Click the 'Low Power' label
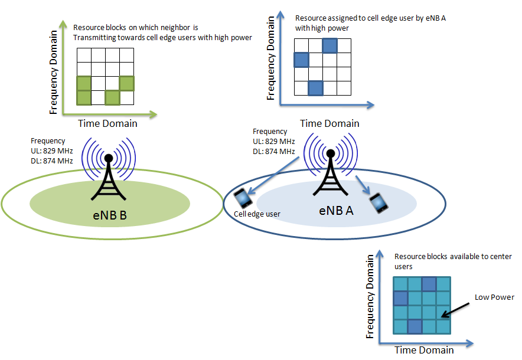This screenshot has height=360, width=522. tap(494, 297)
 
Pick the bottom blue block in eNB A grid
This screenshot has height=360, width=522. tap(315, 89)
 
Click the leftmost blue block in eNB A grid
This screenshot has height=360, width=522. tap(301, 60)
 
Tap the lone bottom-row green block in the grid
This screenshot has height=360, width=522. tap(112, 97)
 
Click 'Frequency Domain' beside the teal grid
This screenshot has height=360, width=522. tap(370, 296)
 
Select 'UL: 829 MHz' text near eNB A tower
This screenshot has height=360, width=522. tap(273, 141)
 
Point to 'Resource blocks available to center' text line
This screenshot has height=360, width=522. tap(453, 257)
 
